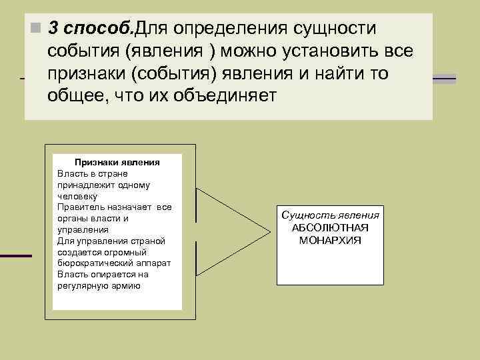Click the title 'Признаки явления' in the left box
click(x=117, y=162)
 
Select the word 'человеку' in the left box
click(x=77, y=196)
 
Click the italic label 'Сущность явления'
click(x=330, y=215)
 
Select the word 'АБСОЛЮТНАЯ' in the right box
click(x=330, y=227)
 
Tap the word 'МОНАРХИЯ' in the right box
click(x=330, y=239)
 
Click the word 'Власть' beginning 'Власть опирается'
click(x=71, y=274)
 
